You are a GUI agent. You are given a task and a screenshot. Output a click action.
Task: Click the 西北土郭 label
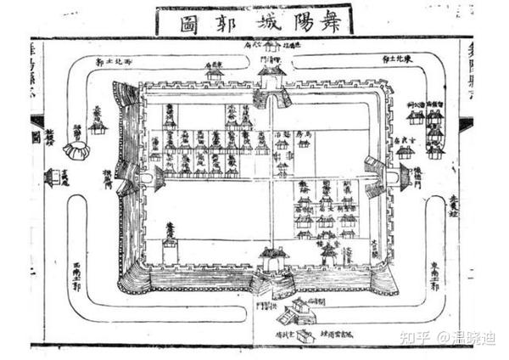[115, 62]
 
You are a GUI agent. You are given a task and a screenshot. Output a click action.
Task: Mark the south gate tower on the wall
[273, 259]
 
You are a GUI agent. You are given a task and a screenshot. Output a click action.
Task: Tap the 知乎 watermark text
[417, 338]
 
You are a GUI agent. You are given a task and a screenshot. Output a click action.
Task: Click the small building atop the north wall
[215, 71]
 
